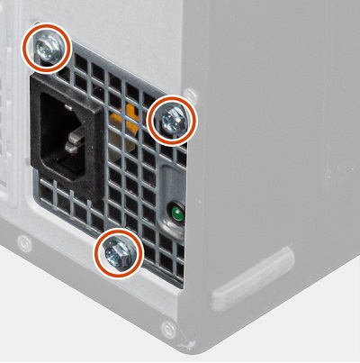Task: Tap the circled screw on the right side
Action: click(171, 120)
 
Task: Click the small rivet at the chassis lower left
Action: click(25, 243)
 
